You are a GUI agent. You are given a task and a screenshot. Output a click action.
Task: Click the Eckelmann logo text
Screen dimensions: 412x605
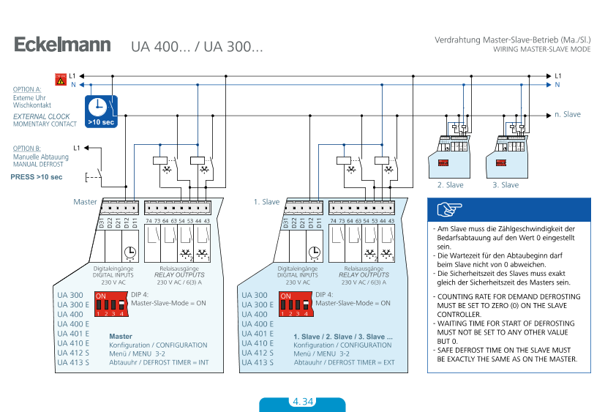[62, 45]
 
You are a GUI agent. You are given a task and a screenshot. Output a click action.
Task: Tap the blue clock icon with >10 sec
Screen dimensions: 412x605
[101, 111]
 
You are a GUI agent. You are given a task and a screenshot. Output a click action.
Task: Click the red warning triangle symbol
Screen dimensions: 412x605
[61, 79]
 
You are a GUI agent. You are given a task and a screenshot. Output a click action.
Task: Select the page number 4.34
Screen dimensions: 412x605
[302, 402]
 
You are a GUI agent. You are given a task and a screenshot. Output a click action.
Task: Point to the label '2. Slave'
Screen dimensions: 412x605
[450, 185]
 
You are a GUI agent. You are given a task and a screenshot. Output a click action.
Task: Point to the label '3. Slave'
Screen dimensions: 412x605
[506, 185]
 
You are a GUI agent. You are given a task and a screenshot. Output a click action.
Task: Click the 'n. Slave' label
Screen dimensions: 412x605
[568, 114]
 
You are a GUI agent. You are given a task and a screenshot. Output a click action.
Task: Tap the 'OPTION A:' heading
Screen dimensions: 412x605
[27, 89]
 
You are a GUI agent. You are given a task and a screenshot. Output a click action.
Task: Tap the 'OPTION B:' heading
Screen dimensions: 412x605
[27, 149]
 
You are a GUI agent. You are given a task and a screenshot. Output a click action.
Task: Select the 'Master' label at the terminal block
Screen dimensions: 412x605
[85, 201]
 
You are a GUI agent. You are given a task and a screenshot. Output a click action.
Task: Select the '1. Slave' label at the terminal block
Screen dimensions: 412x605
[266, 201]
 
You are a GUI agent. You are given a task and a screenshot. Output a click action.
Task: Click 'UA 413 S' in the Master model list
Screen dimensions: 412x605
[73, 362]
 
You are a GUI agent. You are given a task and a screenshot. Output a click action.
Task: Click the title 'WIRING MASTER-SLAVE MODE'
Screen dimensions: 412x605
[541, 50]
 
